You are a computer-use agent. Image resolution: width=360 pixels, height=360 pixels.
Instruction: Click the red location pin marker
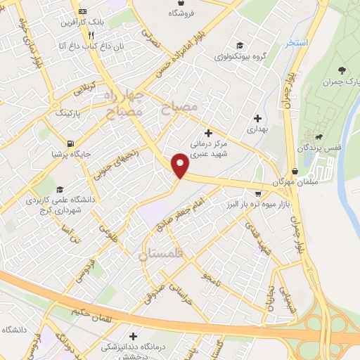point(181,165)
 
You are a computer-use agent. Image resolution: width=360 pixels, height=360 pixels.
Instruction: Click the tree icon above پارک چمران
point(342,70)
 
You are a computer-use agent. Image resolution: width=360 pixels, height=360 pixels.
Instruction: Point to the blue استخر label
point(297,43)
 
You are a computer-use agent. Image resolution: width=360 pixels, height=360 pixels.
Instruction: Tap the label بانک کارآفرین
point(101,22)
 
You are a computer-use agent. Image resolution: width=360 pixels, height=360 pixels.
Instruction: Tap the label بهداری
point(259,130)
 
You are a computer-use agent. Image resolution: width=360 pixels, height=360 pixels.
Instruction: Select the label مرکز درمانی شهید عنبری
point(208,149)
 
